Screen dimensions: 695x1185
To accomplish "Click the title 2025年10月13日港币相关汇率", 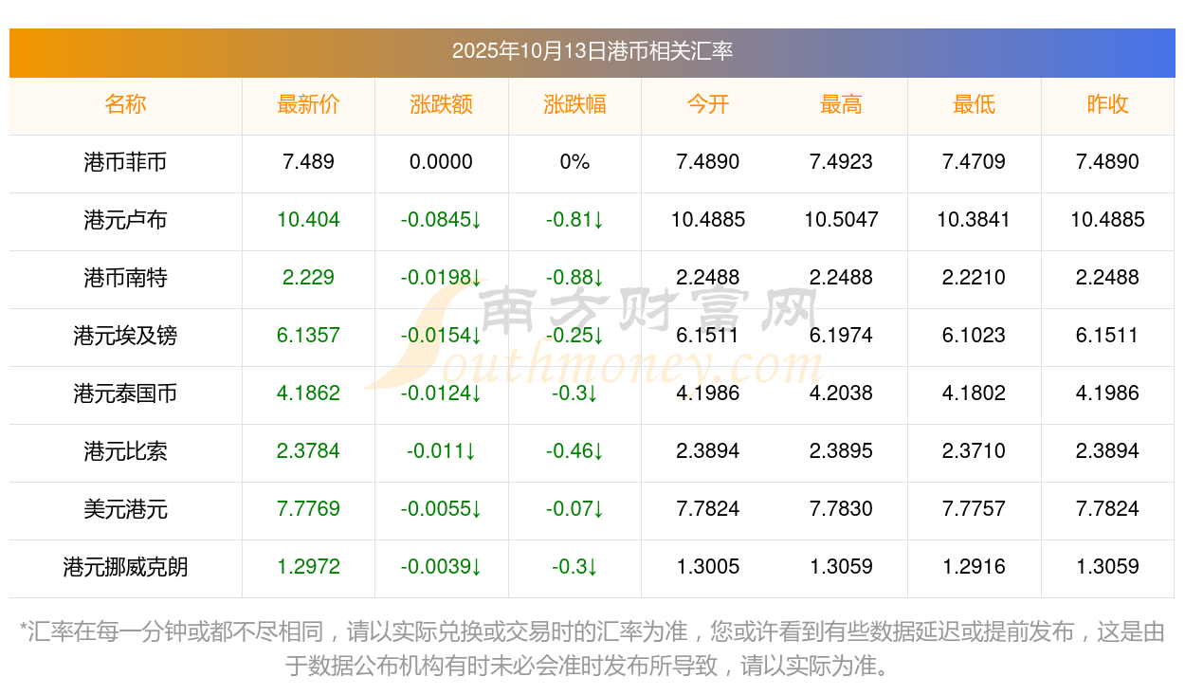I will [592, 51].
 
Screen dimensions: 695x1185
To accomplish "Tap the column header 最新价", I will [308, 105].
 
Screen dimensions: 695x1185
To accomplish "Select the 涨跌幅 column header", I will [574, 105].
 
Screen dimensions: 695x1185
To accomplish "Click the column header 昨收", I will [1107, 105].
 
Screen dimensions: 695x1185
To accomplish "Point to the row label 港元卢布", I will [125, 220].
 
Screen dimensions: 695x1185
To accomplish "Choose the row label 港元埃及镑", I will [125, 336].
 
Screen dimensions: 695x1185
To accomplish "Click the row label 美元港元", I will [125, 509].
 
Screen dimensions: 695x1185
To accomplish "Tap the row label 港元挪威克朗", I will [125, 567].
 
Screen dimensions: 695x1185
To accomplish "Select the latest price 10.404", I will [308, 220].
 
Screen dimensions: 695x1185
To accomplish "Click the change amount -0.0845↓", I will [441, 220].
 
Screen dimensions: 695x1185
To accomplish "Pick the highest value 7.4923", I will [841, 162].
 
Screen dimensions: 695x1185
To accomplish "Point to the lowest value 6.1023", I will [974, 336].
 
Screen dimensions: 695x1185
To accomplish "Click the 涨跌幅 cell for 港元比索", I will [574, 451].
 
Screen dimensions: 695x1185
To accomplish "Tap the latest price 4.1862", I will [308, 393].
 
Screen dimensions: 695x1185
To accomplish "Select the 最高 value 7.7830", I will [841, 509].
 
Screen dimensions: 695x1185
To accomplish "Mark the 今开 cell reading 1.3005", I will [707, 567].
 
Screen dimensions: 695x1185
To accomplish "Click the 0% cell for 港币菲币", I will [574, 162].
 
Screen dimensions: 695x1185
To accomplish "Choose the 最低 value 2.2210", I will [974, 278].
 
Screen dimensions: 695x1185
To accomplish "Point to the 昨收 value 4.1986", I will [1107, 393].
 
